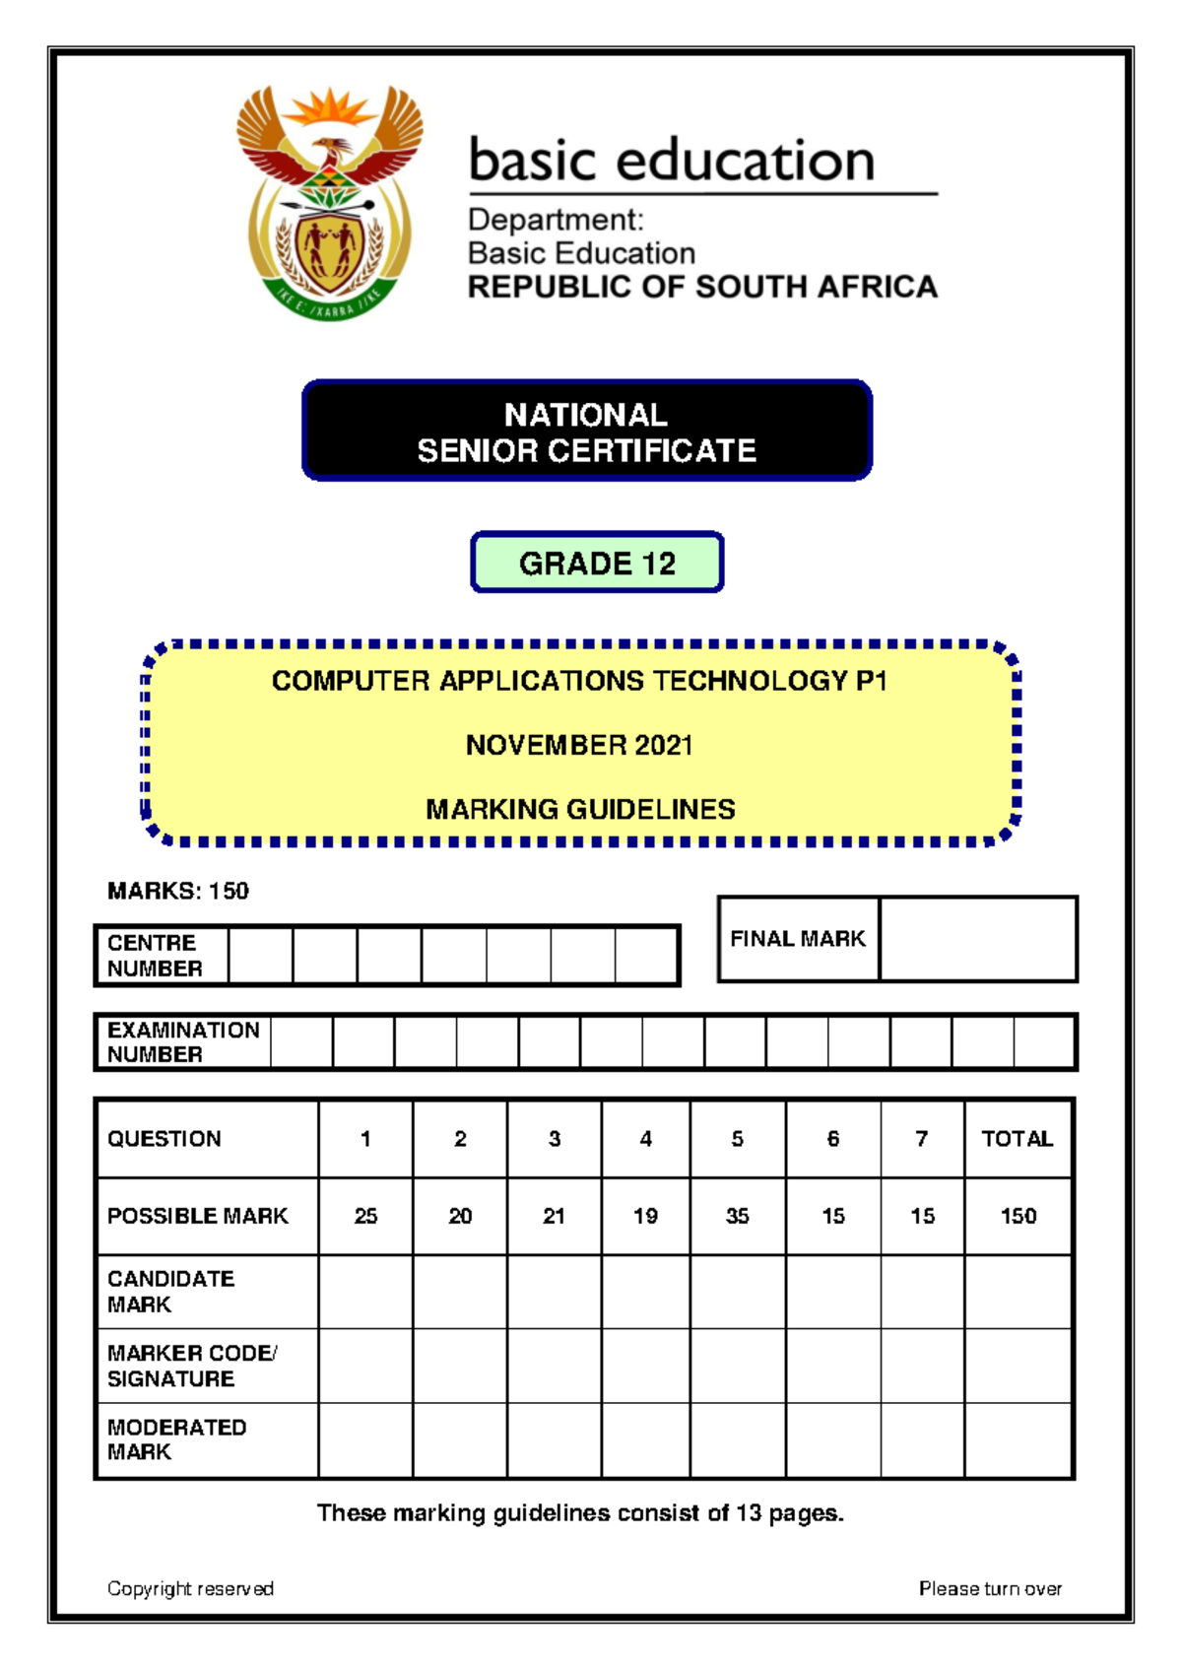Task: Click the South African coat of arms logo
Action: [329, 203]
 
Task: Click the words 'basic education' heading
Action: [672, 161]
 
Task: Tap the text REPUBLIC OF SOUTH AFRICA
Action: [701, 287]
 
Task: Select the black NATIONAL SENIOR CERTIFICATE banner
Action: [586, 431]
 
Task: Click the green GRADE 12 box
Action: [597, 563]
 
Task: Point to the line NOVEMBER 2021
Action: [579, 745]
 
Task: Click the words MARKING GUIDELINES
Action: [580, 809]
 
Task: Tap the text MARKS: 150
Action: [178, 891]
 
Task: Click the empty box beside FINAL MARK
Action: [977, 939]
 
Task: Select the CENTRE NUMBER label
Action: [155, 956]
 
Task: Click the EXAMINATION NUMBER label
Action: [183, 1042]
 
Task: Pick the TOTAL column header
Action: [1018, 1139]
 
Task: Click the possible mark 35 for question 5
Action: [737, 1216]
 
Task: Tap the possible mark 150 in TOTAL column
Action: [1018, 1216]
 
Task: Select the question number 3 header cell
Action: [554, 1139]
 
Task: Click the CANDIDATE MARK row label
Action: [170, 1292]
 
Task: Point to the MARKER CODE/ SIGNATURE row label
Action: [192, 1366]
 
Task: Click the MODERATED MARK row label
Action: [176, 1439]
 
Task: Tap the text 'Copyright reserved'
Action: [190, 1588]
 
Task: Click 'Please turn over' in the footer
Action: [990, 1588]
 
